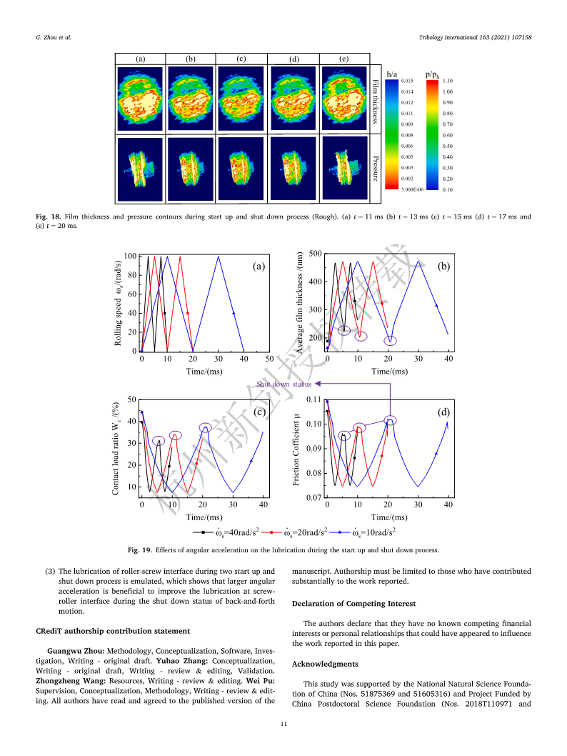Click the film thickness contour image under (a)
(x=140, y=99)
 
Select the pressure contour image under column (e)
(x=344, y=168)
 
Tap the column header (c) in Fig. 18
(x=241, y=59)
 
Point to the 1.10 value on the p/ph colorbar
(x=448, y=81)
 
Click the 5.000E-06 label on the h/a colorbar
(x=412, y=189)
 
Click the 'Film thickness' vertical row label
(x=376, y=101)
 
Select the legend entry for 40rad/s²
(x=226, y=532)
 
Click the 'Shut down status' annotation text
(x=283, y=384)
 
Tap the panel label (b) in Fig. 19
(x=443, y=266)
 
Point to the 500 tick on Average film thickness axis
(x=316, y=254)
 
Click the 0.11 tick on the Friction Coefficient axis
(x=313, y=399)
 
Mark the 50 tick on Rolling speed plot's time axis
(x=269, y=359)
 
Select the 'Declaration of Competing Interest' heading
(x=353, y=604)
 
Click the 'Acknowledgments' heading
(x=325, y=664)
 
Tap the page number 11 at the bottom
(x=283, y=724)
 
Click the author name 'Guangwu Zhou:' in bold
(x=76, y=651)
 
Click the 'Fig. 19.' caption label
(x=140, y=550)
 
